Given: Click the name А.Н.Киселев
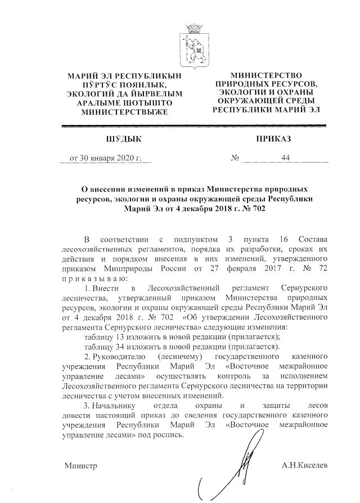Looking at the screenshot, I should [x=305, y=466].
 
